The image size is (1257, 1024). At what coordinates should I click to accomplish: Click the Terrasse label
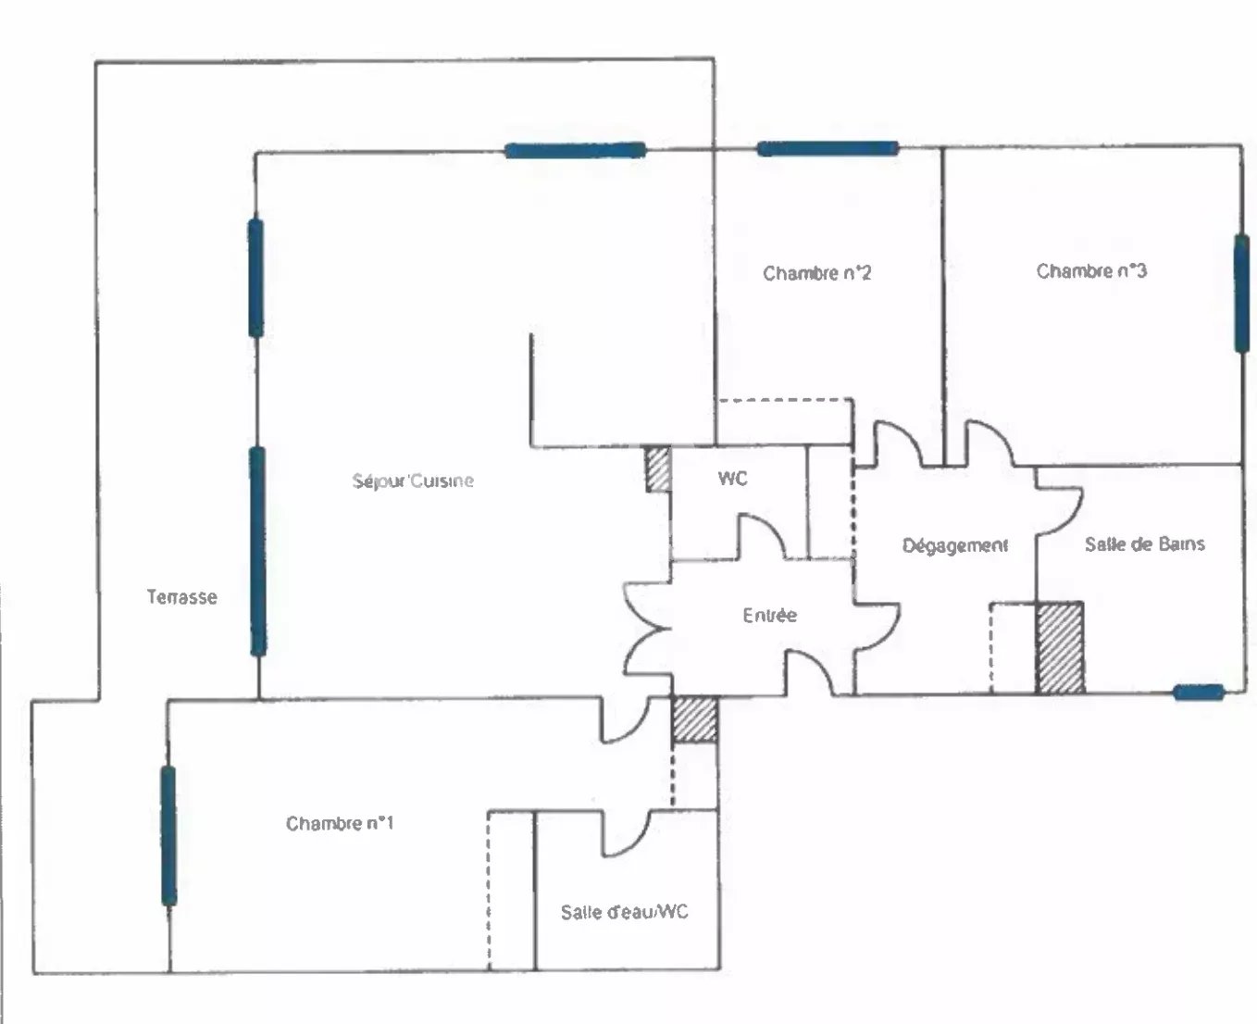pos(181,597)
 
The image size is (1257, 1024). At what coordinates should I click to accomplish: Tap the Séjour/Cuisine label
pos(413,481)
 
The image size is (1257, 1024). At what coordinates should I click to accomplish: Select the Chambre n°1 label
pos(340,823)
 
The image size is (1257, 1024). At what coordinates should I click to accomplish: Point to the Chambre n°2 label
pos(817,273)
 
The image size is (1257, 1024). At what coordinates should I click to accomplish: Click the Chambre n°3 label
pos(1091,271)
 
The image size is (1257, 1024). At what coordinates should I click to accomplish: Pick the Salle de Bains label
pos(1145,543)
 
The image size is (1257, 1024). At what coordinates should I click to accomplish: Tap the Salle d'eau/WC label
pos(625,912)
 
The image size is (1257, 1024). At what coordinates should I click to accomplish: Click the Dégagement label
pos(955,545)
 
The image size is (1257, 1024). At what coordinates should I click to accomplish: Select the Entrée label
pos(769,616)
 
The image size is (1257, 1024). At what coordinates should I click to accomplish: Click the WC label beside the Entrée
pos(732,478)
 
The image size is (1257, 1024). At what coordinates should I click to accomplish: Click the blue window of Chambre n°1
pos(168,836)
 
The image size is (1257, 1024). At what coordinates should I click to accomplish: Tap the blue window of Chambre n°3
pos(1241,293)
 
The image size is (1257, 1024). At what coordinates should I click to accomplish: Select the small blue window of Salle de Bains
pos(1199,693)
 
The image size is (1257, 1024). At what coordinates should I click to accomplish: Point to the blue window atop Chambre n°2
pos(828,149)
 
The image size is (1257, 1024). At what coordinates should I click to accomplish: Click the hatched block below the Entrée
pos(694,719)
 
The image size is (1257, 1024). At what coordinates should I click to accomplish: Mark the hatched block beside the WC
pos(658,469)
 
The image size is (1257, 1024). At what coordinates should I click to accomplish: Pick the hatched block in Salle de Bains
pos(1060,647)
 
